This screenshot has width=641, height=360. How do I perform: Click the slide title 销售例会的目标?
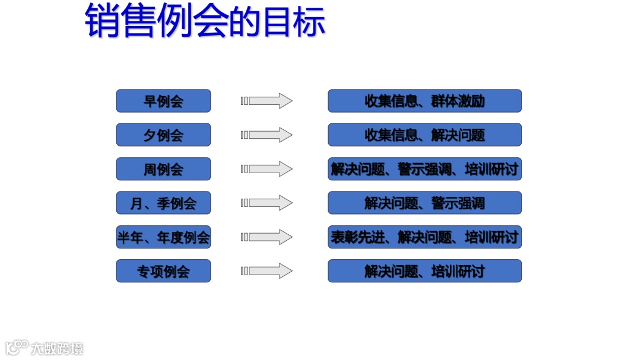[205, 21]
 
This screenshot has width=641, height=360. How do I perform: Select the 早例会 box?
[163, 101]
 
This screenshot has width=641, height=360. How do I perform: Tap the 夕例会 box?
[163, 135]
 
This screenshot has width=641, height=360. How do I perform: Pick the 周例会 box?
[163, 169]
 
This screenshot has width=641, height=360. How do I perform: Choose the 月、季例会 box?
[163, 203]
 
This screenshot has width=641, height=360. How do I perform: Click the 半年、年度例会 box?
[163, 237]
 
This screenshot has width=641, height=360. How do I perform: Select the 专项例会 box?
[163, 271]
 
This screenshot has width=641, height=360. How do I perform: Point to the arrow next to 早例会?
[266, 101]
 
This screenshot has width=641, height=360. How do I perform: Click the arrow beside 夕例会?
[266, 135]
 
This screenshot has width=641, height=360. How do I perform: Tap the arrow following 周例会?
[266, 169]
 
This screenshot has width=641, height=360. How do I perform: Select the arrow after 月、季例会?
[266, 203]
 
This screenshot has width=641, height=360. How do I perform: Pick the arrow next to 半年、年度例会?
[266, 237]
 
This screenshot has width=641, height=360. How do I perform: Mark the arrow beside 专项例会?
[266, 271]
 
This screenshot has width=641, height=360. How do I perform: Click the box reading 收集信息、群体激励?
[424, 101]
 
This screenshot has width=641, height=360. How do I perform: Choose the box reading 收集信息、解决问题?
[424, 135]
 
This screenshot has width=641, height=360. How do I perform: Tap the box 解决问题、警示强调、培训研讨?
[424, 169]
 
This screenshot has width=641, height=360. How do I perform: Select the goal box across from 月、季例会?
[424, 203]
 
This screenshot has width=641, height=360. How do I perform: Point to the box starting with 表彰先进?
[424, 237]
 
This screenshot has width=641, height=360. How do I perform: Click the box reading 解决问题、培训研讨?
[424, 271]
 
